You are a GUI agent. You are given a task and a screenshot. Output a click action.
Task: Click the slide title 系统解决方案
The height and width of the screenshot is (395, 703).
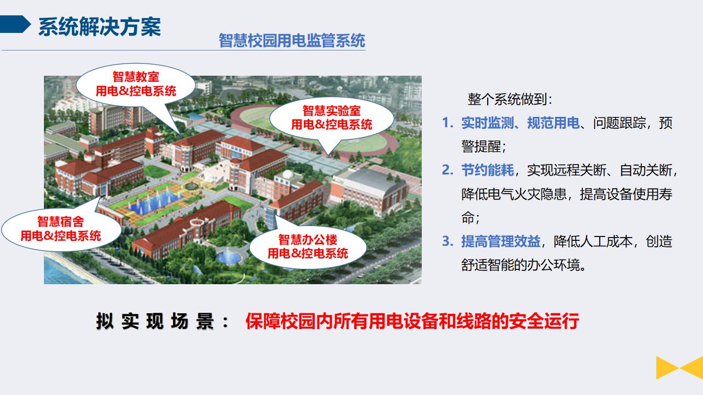click(99, 27)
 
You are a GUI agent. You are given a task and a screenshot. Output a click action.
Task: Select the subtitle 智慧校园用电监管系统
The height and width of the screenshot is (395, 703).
click(292, 41)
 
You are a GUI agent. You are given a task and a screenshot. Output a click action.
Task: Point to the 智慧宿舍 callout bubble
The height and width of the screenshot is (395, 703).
click(61, 229)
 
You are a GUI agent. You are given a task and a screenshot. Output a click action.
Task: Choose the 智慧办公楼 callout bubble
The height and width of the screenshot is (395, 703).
click(308, 247)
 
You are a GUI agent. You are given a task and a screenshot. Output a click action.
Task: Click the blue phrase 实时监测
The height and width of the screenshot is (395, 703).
click(487, 123)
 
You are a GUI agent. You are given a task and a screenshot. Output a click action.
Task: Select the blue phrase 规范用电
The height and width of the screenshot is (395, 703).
click(553, 123)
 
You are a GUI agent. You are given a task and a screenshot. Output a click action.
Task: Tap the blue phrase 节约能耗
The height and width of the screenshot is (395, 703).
click(487, 171)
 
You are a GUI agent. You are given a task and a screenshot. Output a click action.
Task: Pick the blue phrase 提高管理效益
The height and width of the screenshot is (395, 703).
click(500, 242)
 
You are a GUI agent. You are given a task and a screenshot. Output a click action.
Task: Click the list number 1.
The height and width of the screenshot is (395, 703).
click(447, 123)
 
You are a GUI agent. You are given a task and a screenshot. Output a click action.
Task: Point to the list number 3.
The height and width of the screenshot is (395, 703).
click(447, 241)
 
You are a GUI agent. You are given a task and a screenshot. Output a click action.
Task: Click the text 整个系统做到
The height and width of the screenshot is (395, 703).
click(507, 99)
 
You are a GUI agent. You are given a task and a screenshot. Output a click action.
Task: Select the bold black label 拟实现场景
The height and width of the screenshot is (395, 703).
click(154, 321)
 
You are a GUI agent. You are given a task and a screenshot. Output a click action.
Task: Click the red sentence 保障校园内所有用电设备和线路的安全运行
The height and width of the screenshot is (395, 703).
click(412, 321)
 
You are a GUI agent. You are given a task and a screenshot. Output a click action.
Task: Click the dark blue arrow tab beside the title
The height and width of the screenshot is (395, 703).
click(15, 24)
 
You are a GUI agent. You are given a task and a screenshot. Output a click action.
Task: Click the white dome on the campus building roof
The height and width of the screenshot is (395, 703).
click(288, 174)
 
